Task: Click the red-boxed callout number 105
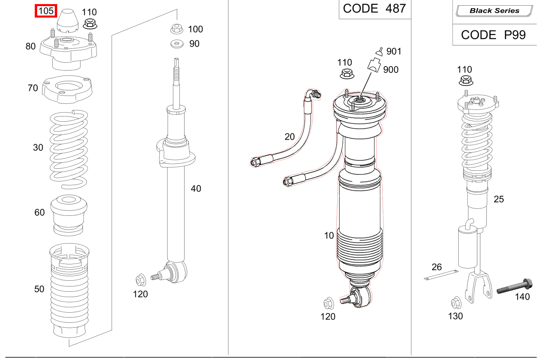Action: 46,11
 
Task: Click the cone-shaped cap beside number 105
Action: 67,22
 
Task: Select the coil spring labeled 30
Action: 69,149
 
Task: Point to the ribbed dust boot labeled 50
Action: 69,290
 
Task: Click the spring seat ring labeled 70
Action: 68,90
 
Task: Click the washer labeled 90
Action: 177,43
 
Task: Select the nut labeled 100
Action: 176,29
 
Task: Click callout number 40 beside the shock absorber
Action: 196,189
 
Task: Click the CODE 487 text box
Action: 374,9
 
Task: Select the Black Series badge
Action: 494,11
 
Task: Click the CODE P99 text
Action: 493,35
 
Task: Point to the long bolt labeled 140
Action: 514,286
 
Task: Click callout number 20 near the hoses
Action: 289,137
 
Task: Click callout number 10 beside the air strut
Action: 329,236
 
